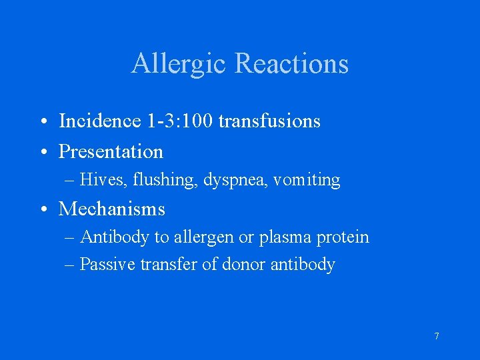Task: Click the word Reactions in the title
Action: click(292, 64)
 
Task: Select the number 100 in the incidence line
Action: click(199, 121)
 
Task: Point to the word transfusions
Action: click(269, 121)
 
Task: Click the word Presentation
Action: click(111, 152)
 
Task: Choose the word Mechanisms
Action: click(111, 209)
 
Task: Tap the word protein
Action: click(343, 237)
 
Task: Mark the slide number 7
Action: click(437, 337)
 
